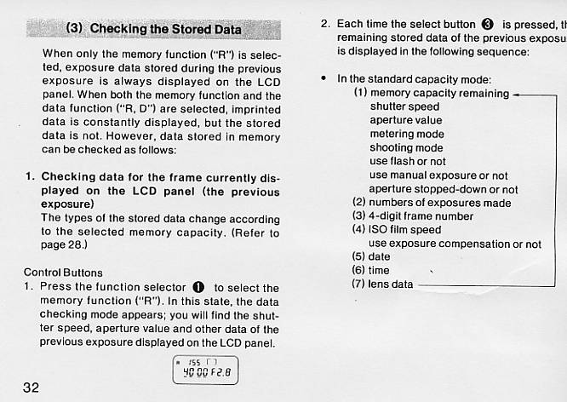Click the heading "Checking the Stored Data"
click(153, 29)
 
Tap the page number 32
click(31, 388)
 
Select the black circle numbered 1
click(198, 288)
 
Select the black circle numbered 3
click(488, 24)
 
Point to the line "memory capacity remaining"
click(431, 94)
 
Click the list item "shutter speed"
click(404, 107)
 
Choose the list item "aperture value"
click(406, 121)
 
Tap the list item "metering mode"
click(406, 135)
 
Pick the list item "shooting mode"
click(405, 148)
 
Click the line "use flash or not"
click(407, 162)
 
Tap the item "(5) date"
click(371, 256)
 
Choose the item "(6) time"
click(371, 270)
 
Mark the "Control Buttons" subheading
click(63, 273)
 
